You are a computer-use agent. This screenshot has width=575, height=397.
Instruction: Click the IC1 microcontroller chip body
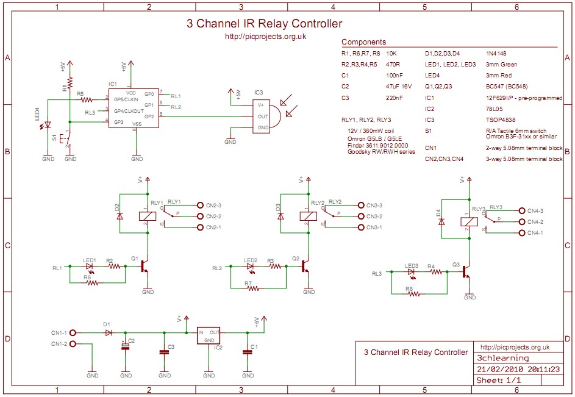134,108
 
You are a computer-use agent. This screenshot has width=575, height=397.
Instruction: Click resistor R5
87,100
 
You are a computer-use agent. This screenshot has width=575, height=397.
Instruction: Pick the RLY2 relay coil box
307,215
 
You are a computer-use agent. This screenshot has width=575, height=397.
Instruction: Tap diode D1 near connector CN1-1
109,333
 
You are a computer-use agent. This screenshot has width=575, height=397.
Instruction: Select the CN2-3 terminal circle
201,206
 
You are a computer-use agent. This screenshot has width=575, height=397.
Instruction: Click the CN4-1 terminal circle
521,233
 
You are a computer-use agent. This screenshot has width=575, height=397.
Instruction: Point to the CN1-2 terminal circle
73,344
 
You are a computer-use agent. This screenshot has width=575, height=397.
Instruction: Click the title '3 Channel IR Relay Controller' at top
264,24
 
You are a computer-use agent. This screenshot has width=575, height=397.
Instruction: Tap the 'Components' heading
363,42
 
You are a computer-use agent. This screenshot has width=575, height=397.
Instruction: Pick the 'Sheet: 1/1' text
499,380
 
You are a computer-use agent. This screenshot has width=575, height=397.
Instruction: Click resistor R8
414,294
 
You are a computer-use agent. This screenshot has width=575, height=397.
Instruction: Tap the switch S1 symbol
68,138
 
